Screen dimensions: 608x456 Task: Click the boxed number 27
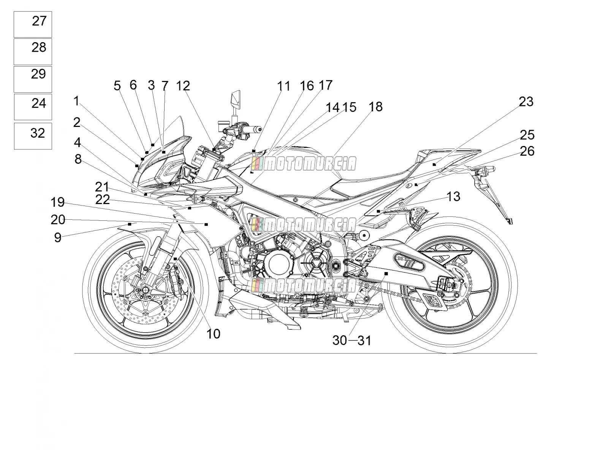click(39, 21)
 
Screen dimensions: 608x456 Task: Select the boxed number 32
click(38, 133)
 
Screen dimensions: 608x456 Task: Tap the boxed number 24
click(39, 103)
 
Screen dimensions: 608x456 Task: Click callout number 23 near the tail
click(526, 101)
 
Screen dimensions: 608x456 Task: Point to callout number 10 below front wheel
click(213, 334)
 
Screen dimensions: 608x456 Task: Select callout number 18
click(375, 107)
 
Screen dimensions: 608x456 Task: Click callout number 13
click(453, 196)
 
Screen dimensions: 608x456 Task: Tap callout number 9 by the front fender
click(58, 237)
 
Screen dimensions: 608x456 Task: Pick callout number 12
click(183, 86)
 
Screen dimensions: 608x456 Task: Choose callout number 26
click(527, 151)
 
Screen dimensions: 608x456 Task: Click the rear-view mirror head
click(236, 99)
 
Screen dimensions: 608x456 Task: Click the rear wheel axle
click(449, 284)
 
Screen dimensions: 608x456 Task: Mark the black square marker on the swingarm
click(386, 274)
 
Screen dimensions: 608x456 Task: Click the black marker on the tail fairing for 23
click(434, 165)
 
